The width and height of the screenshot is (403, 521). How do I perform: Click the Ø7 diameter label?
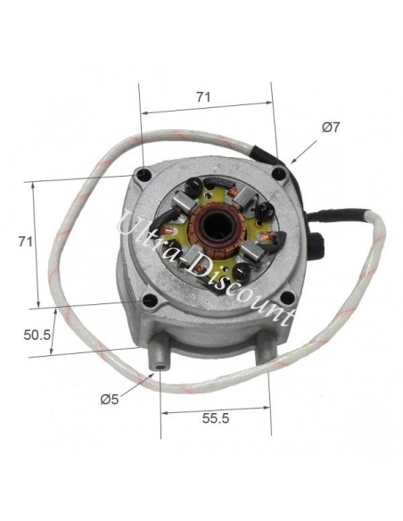coord(330,128)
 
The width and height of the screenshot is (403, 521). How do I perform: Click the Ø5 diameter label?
coord(109,399)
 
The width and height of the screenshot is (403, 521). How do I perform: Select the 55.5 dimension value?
coord(216,418)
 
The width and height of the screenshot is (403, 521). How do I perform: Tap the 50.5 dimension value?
coord(37,335)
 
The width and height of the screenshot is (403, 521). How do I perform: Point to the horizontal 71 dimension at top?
coord(203,97)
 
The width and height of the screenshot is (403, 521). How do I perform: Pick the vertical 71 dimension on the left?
coord(26,242)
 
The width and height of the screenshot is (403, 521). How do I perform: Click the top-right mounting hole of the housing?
coord(280,172)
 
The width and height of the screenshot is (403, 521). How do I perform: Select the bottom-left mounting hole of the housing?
coord(150,301)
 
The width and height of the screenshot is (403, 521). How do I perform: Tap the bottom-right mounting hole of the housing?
coord(288,297)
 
